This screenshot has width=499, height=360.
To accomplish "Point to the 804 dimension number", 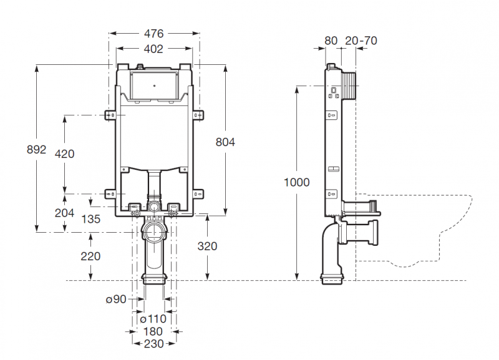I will (225, 142).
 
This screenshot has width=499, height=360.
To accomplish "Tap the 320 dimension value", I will (207, 246).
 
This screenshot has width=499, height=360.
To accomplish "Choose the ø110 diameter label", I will (154, 319).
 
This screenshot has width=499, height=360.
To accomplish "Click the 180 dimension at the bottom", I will (154, 331).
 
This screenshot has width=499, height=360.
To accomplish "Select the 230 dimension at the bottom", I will (154, 344).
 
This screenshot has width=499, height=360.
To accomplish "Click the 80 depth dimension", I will (331, 41).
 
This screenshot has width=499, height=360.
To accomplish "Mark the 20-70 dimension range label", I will (361, 41).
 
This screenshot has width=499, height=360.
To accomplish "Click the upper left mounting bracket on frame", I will (110, 115).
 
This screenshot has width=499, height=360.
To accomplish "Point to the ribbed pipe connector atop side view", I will (349, 84).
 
